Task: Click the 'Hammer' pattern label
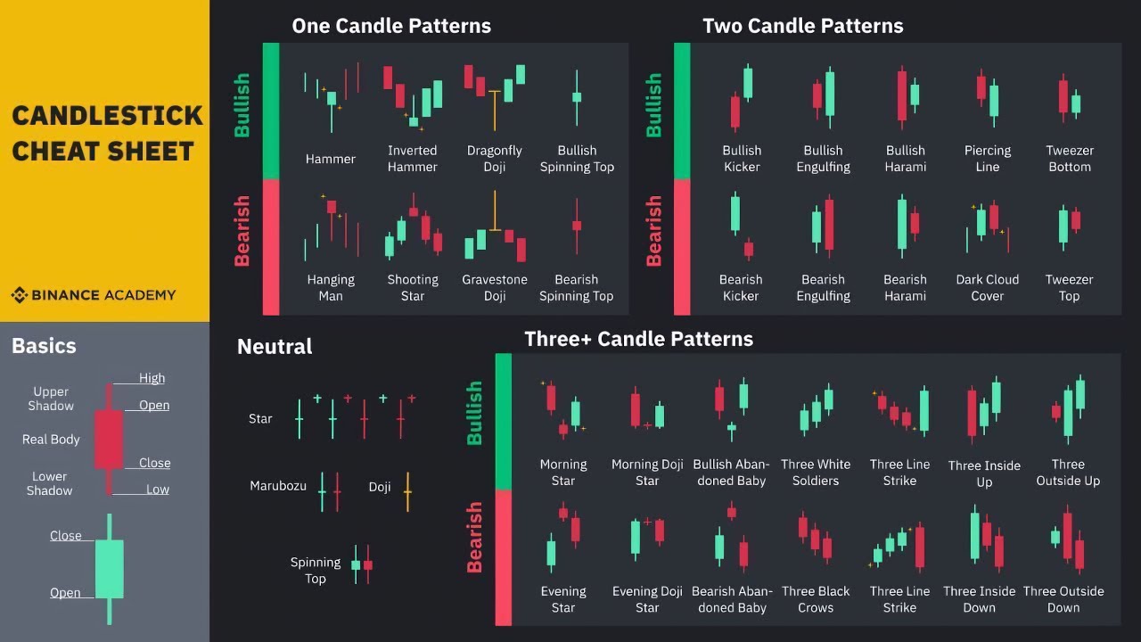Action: [331, 159]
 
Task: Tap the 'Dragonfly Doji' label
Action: [495, 159]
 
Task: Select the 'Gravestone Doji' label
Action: [495, 287]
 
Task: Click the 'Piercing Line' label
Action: [987, 159]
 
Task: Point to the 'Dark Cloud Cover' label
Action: [987, 287]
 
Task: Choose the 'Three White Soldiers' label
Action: [816, 472]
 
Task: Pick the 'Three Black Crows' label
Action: [816, 599]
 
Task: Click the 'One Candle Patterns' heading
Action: [391, 26]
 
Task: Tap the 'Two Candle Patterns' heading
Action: [802, 26]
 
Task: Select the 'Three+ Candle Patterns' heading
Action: [638, 339]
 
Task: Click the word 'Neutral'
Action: [275, 346]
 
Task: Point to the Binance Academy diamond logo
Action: [19, 295]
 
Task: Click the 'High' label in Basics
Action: [152, 378]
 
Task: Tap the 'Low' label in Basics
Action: [158, 490]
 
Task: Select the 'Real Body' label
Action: [51, 440]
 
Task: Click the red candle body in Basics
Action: [109, 438]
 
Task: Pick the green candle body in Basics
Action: [109, 568]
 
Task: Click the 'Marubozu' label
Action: [278, 486]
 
